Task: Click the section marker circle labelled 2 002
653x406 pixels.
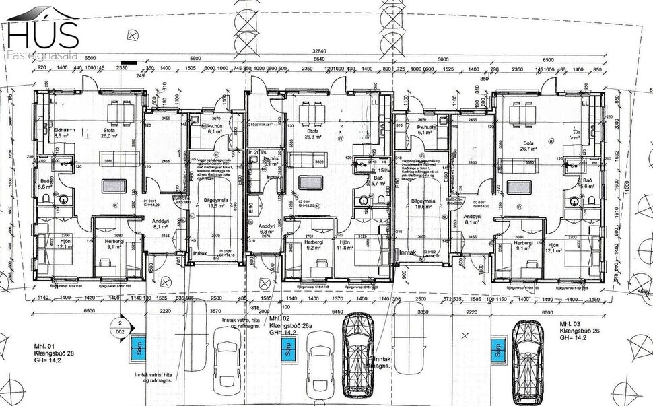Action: [x=121, y=328]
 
